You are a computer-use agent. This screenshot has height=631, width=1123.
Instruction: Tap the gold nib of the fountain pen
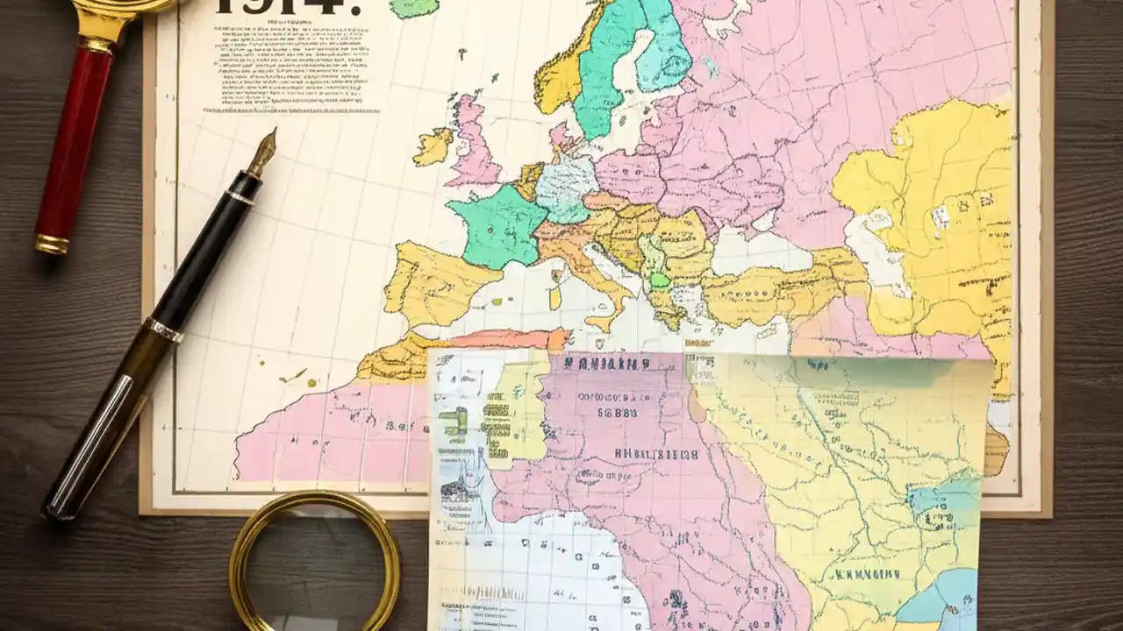262,152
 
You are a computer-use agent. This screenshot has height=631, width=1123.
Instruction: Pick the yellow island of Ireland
433,146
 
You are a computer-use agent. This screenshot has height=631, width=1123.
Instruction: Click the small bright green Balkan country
660,281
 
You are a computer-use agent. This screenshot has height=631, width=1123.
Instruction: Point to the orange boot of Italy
583,263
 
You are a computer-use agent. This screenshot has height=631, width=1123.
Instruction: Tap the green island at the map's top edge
413,8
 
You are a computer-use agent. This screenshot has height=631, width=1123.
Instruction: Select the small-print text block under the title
281,66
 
